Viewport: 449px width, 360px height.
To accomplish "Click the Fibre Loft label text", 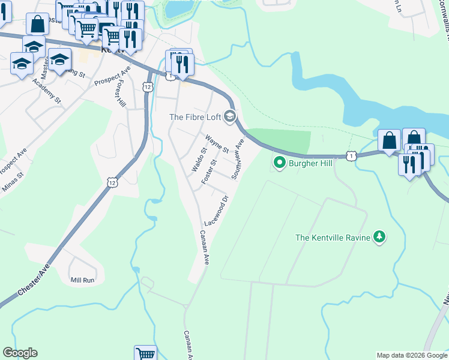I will (x=195, y=117).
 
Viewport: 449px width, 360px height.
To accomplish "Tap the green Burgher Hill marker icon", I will (x=279, y=162).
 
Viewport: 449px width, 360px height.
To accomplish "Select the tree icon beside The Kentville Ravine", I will (x=379, y=237).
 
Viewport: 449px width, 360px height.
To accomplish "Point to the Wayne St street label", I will (x=217, y=144).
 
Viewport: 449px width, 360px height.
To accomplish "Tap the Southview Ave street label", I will (x=238, y=160).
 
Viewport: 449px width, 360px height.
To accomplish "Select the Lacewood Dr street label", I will (x=217, y=210).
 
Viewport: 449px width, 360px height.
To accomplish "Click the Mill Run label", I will (x=83, y=280).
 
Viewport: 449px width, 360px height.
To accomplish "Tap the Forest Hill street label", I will (x=120, y=95).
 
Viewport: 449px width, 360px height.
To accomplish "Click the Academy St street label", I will (x=47, y=90).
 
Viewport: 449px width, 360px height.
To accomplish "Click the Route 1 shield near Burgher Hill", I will (x=351, y=156).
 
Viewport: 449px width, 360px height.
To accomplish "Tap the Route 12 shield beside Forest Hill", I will (x=148, y=87).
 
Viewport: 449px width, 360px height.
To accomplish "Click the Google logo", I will (x=20, y=353).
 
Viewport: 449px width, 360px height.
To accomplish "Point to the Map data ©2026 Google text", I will (x=411, y=355).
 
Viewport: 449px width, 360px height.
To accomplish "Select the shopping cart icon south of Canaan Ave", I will (x=145, y=354).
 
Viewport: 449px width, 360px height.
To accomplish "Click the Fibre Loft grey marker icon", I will (x=229, y=116).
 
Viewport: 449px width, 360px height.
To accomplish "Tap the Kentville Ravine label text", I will (x=332, y=238).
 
